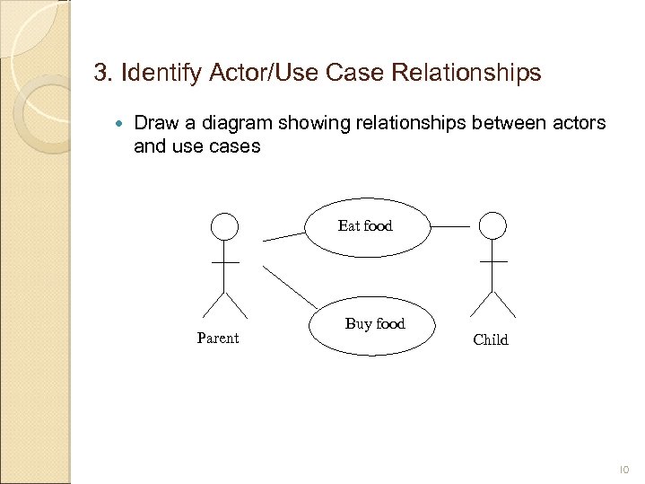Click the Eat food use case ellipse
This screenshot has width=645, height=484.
pos(365,226)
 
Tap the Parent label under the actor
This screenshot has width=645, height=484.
pos(218,339)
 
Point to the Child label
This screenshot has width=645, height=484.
pos(491,339)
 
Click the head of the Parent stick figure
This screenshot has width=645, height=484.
pos(224,226)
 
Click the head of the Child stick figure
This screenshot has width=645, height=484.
pos(492,225)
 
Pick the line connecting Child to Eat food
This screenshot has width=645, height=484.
pos(450,227)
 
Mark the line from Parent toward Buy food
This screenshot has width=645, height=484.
pos(290,286)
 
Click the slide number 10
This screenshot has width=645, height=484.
pos(624,469)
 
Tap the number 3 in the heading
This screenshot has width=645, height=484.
pos(100,72)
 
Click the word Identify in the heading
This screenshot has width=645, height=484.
pos(150,72)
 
